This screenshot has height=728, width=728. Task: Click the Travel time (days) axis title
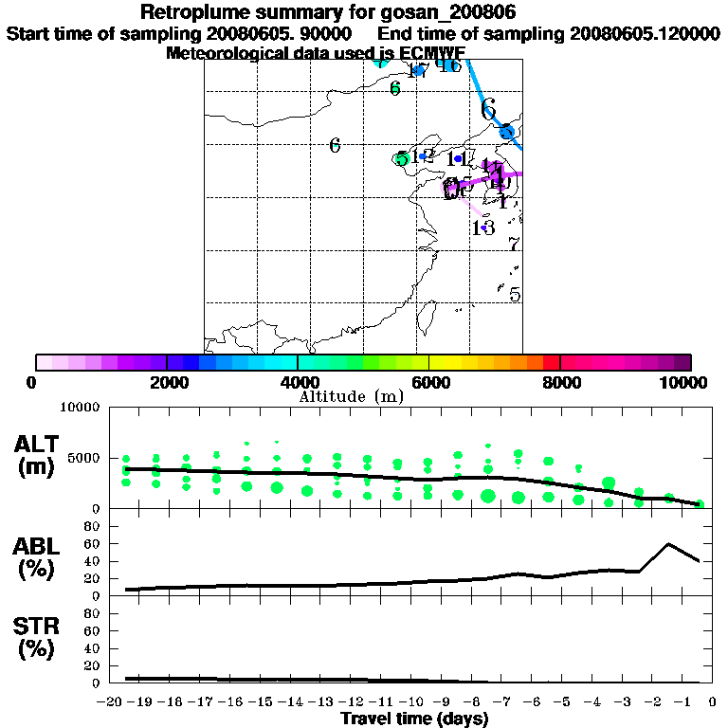[414, 719]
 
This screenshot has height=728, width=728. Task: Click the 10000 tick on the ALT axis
[79, 408]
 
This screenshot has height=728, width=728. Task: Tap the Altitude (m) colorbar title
[351, 396]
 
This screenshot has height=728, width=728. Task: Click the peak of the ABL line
[669, 543]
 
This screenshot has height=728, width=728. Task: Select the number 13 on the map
[482, 227]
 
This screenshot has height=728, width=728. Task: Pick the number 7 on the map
[514, 246]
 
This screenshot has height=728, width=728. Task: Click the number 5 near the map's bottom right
[515, 295]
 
